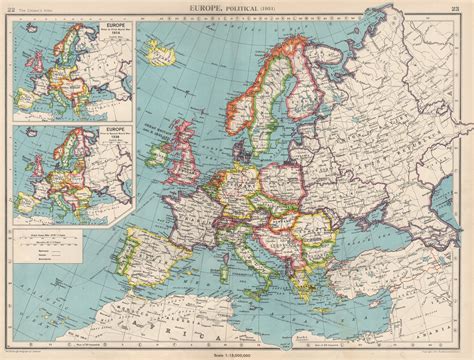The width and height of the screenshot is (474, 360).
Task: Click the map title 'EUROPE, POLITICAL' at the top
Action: [x=236, y=7]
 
